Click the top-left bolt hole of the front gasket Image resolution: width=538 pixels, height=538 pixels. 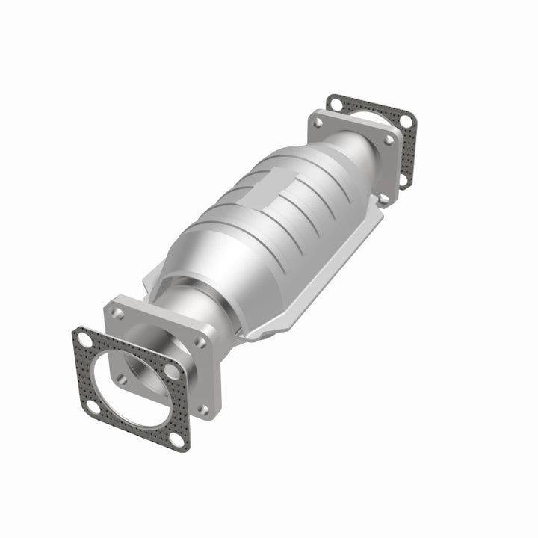84,341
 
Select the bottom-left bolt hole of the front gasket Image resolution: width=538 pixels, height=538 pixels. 92,406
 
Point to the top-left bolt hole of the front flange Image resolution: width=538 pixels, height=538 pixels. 118,313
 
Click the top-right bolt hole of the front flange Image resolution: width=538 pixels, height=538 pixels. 200,342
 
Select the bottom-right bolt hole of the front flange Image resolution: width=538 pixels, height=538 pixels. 204,409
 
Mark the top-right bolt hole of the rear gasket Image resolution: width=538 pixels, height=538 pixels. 405,120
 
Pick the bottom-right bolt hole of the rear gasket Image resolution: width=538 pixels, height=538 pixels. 403,179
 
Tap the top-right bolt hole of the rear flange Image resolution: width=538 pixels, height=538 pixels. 389,139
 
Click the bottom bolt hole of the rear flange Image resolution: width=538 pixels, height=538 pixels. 384,198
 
